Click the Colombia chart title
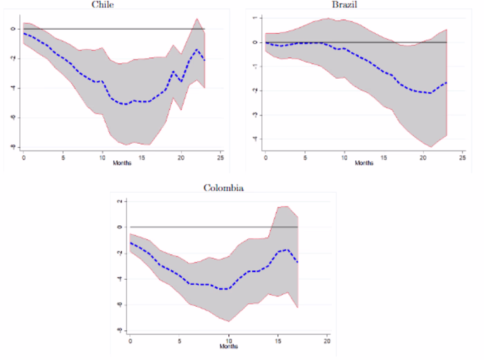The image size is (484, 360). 223,187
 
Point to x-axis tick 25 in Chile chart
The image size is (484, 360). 221,157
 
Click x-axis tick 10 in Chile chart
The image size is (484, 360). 102,157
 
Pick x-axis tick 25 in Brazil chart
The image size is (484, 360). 463,157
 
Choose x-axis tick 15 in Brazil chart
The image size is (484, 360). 384,157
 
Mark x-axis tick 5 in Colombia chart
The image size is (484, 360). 180,342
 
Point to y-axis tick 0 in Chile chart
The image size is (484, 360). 12,29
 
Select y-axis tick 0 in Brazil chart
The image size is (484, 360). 254,42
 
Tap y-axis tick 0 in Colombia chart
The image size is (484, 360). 120,227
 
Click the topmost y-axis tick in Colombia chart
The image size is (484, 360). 120,201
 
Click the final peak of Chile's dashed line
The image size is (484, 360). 198,50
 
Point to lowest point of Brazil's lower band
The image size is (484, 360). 431,147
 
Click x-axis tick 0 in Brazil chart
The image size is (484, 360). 266,157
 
